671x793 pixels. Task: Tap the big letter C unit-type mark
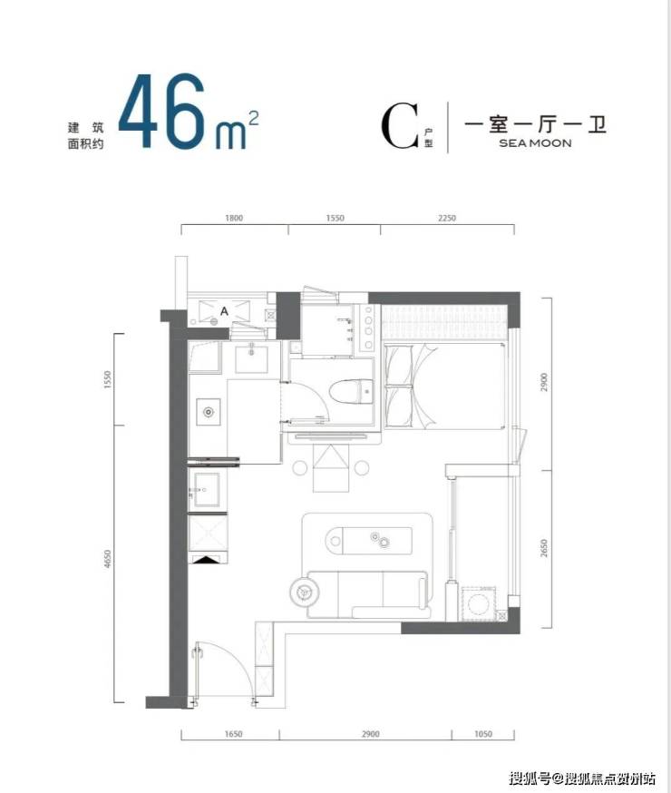pos(400,126)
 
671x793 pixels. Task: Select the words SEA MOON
pos(535,143)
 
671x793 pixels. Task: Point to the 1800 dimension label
pos(233,218)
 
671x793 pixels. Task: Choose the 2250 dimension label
pos(447,218)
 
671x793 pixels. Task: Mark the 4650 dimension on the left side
pos(107,559)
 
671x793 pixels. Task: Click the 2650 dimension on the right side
pos(544,549)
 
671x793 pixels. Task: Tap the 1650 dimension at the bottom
pos(233,734)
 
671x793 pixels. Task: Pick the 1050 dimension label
pos(483,734)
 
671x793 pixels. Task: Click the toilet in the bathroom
pos(351,393)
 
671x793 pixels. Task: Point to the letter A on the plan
pos(224,311)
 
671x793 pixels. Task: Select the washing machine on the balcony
pos(478,604)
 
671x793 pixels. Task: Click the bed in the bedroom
pos(445,386)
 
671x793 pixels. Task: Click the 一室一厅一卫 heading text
pos(535,124)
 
